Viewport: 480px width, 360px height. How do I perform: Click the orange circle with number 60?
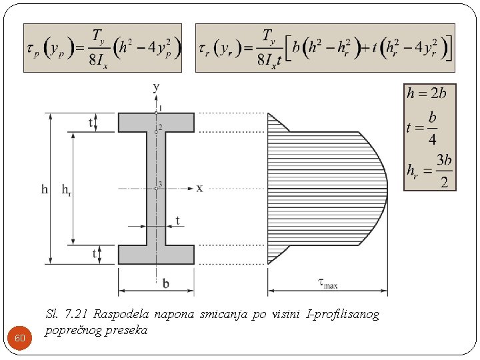[x=20, y=338]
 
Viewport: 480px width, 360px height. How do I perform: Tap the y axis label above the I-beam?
[x=157, y=86]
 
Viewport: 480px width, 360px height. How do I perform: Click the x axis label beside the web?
[x=199, y=189]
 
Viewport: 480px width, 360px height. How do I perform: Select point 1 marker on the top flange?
[x=157, y=113]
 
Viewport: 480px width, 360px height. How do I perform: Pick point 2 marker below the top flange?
[x=157, y=131]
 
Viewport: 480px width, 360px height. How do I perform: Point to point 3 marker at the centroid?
[x=157, y=189]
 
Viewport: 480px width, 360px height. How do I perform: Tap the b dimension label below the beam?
[x=165, y=284]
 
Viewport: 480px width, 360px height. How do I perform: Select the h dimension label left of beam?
[x=45, y=189]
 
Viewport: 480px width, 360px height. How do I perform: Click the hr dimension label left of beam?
[x=66, y=189]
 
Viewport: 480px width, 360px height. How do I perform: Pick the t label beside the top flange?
[x=91, y=122]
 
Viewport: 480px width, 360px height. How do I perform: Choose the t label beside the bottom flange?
[x=94, y=255]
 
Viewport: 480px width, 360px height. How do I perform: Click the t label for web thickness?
[x=177, y=221]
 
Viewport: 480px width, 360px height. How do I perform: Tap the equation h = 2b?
[x=427, y=93]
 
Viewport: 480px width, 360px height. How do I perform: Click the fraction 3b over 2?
[x=443, y=171]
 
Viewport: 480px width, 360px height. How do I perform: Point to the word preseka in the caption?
[x=125, y=330]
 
